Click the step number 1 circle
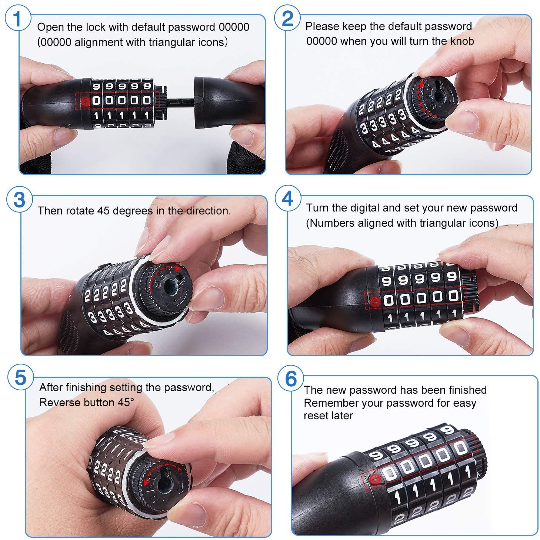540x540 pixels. tap(17, 19)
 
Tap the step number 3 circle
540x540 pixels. tap(19, 200)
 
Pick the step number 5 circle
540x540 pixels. tap(20, 378)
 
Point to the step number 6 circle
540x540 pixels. tap(291, 378)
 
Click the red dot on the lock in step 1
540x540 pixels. tap(86, 100)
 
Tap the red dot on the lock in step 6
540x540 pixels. tap(375, 479)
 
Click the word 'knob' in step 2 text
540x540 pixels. tap(462, 41)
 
